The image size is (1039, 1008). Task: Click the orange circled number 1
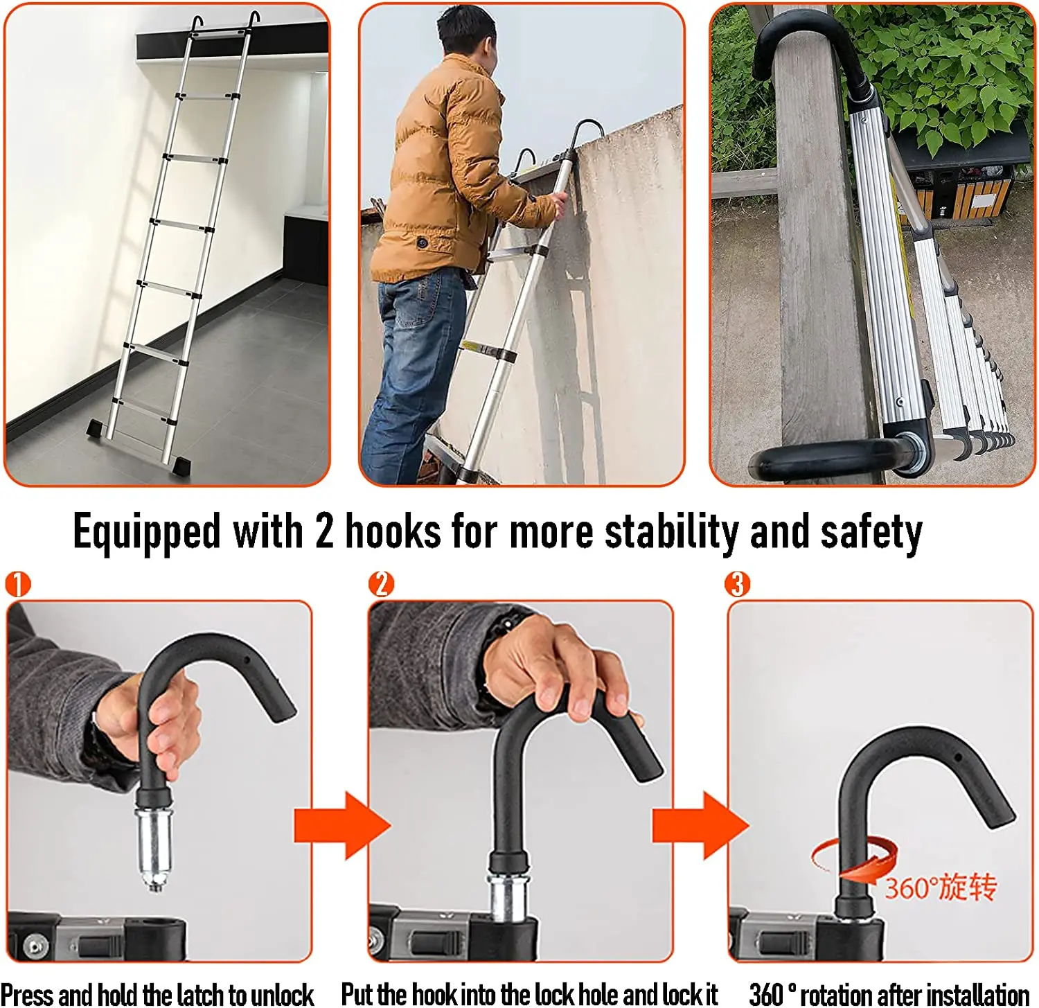(x=18, y=584)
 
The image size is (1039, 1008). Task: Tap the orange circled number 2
(x=381, y=584)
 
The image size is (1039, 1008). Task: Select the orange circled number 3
(x=737, y=584)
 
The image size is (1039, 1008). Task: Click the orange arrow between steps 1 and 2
(x=341, y=825)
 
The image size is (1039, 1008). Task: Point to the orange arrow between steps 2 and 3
(x=700, y=825)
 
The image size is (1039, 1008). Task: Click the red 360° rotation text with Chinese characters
(x=940, y=887)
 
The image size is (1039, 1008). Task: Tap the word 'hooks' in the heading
(x=393, y=532)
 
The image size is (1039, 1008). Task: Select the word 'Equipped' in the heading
(x=146, y=532)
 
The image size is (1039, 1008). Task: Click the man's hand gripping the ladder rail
(x=554, y=204)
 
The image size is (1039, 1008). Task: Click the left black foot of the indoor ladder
(x=98, y=427)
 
